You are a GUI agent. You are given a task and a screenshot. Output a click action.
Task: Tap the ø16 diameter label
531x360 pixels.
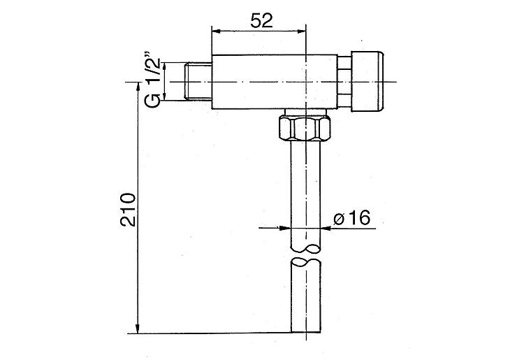351,218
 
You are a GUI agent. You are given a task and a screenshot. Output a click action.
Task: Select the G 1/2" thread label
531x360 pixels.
152,78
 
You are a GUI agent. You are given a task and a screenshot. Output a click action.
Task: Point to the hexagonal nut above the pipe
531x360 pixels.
305,128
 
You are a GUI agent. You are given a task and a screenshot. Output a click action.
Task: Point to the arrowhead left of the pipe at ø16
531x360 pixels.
286,228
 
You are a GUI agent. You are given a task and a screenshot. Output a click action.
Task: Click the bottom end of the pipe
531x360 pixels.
305,331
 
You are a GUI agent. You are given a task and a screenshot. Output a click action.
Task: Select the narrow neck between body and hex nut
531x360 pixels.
305,113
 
